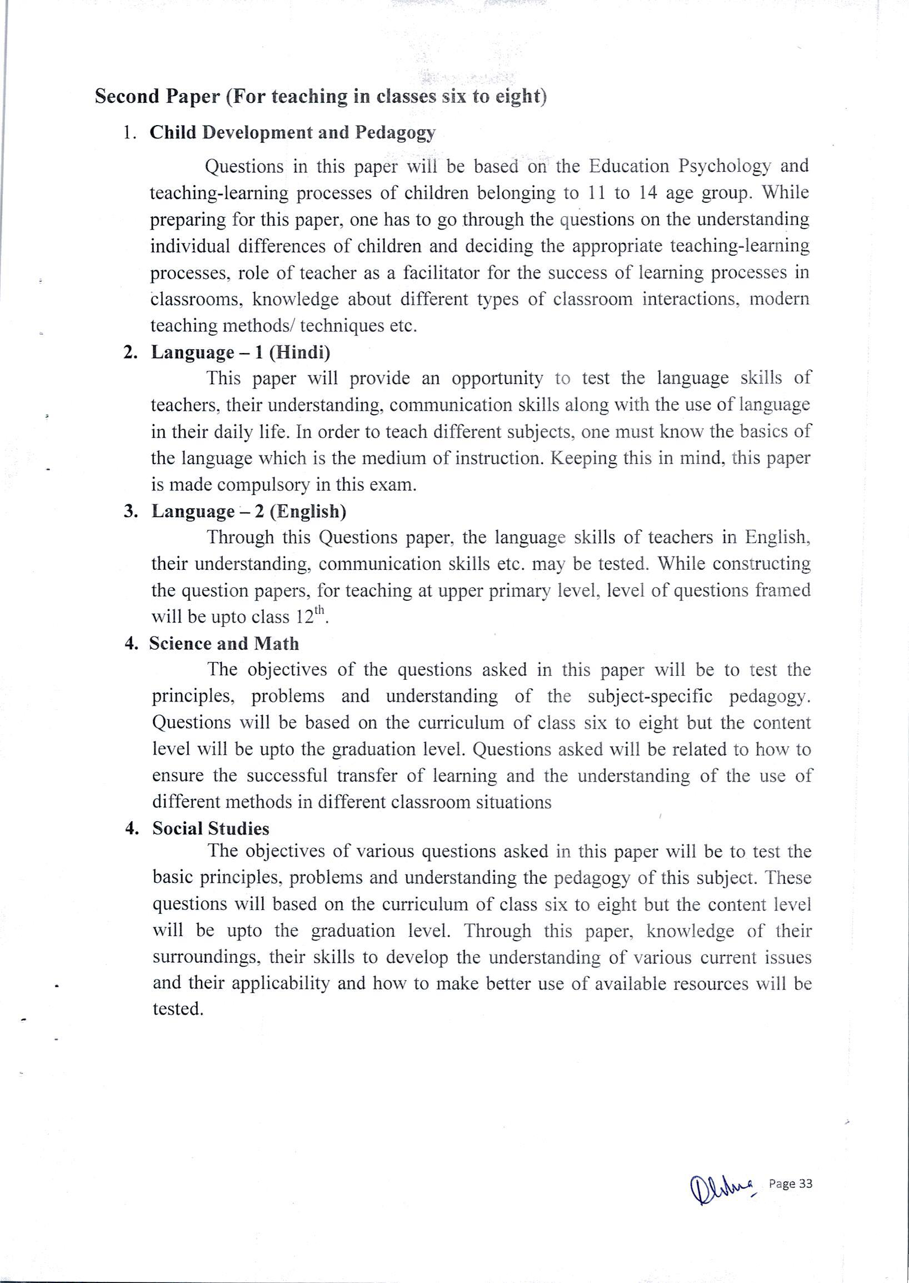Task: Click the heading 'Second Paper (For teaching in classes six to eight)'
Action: (320, 96)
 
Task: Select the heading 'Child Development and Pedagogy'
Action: (292, 133)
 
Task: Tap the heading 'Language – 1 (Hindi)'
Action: (241, 352)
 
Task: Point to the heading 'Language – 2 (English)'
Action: (249, 511)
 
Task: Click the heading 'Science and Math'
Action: (224, 644)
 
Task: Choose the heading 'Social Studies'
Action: (211, 829)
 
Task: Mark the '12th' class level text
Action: (309, 616)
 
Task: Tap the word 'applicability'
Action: (280, 984)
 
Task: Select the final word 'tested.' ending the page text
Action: (177, 1009)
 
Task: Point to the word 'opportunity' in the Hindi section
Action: (497, 379)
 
